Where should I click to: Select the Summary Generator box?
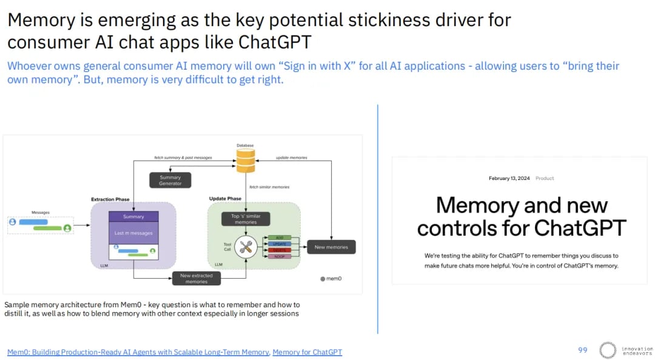(x=170, y=180)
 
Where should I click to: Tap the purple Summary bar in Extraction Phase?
(x=133, y=216)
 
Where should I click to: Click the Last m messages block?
(x=133, y=233)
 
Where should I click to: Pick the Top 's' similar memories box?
(x=246, y=219)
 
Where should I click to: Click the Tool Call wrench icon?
(x=246, y=247)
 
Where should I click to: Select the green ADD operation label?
(x=280, y=238)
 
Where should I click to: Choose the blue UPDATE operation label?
(x=280, y=244)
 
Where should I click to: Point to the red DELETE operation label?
(x=280, y=250)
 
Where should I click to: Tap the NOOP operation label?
(x=280, y=256)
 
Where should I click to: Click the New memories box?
(x=331, y=247)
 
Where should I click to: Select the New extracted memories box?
(x=196, y=278)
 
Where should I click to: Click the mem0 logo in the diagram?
(x=331, y=279)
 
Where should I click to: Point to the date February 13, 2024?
(x=509, y=178)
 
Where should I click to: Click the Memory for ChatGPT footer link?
(x=307, y=352)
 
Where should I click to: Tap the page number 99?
(x=583, y=350)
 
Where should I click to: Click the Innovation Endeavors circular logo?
(x=608, y=350)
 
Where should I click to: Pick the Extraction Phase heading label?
(x=110, y=199)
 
